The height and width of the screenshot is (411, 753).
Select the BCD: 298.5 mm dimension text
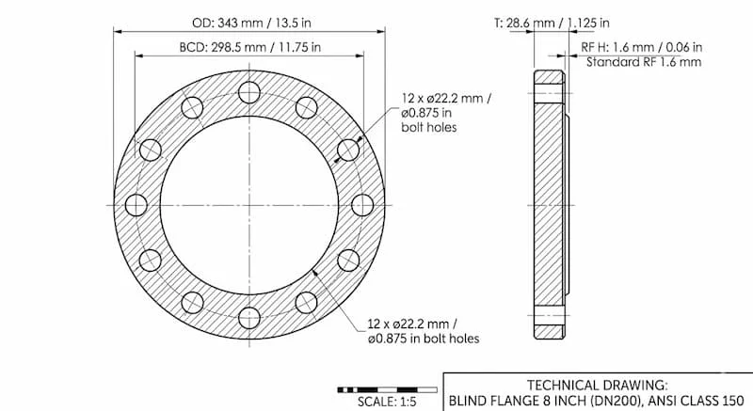point(249,46)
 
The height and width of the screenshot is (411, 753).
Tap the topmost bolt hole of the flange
point(249,92)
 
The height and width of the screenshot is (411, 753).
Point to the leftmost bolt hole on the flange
point(136,205)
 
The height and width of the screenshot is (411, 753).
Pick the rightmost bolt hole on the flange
point(361,205)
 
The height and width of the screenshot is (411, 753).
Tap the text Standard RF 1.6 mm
point(643,62)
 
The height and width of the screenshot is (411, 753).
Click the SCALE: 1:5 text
point(388,401)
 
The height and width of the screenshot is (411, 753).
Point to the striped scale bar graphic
point(388,387)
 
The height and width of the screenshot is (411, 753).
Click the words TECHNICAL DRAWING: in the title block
point(598,385)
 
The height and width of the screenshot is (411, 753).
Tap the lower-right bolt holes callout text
point(425,331)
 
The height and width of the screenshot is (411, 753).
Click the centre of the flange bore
point(249,205)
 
